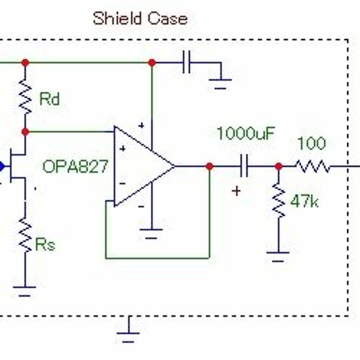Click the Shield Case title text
point(140,18)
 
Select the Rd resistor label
point(49,99)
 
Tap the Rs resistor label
point(45,244)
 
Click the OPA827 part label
point(76,166)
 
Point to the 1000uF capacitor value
point(246,133)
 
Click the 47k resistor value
point(305,202)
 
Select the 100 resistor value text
point(312,143)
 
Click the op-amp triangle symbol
point(144,166)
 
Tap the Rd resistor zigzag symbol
point(25,96)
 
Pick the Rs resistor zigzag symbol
point(25,235)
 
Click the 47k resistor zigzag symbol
point(279,200)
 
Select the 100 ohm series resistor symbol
point(312,166)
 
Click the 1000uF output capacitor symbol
point(244,166)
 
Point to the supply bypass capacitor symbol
point(186,62)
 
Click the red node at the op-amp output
point(210,166)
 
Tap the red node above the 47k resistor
point(279,166)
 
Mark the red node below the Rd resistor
point(25,132)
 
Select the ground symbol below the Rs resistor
point(24,292)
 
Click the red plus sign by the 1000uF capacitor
point(236,192)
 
